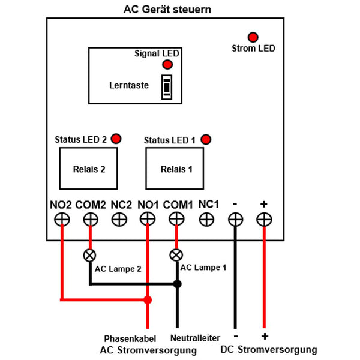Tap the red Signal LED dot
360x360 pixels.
[x=167, y=65]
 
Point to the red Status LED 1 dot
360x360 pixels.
[x=206, y=140]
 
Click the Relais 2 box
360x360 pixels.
[x=88, y=169]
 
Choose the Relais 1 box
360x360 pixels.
[x=176, y=169]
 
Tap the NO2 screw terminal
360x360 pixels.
[x=61, y=220]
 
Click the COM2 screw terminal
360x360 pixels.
[x=90, y=220]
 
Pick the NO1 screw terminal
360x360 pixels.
[x=148, y=220]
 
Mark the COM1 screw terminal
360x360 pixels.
[x=177, y=220]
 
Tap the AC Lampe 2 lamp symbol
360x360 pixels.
[x=90, y=254]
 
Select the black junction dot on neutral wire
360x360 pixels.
[x=177, y=284]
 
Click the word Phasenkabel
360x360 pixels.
[x=128, y=338]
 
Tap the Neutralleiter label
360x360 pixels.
[x=195, y=338]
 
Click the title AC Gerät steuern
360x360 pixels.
[x=167, y=10]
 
